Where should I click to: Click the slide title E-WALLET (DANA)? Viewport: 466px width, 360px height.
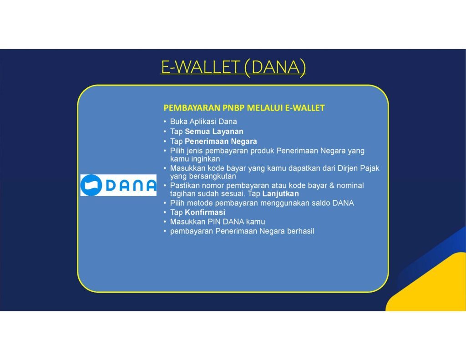233,67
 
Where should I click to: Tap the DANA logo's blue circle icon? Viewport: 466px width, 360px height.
91,185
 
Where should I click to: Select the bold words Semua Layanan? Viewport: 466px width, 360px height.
214,132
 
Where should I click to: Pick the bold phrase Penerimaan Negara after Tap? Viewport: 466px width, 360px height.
221,141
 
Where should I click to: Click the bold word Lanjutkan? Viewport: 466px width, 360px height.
280,194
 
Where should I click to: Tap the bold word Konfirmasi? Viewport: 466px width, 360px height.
205,212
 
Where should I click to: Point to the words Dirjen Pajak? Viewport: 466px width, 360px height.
359,168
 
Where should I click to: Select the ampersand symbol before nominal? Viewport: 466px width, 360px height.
332,186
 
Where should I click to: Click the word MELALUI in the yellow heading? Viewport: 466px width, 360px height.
265,108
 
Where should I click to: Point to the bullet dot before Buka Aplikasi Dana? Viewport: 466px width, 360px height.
165,122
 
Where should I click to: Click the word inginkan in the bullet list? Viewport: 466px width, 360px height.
206,159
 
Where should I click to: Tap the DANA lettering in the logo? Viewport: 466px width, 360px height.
131,186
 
